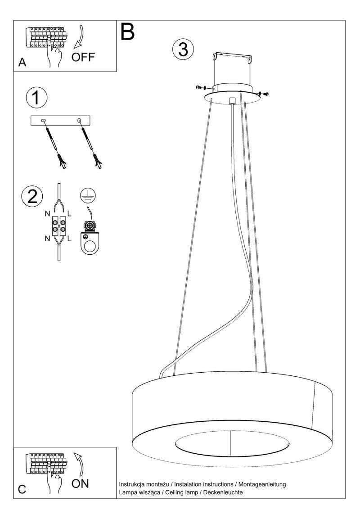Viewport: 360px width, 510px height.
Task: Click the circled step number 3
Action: (x=183, y=50)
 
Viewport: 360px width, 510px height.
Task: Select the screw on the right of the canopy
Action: (x=265, y=94)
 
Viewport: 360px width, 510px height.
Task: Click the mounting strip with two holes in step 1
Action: (x=61, y=121)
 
